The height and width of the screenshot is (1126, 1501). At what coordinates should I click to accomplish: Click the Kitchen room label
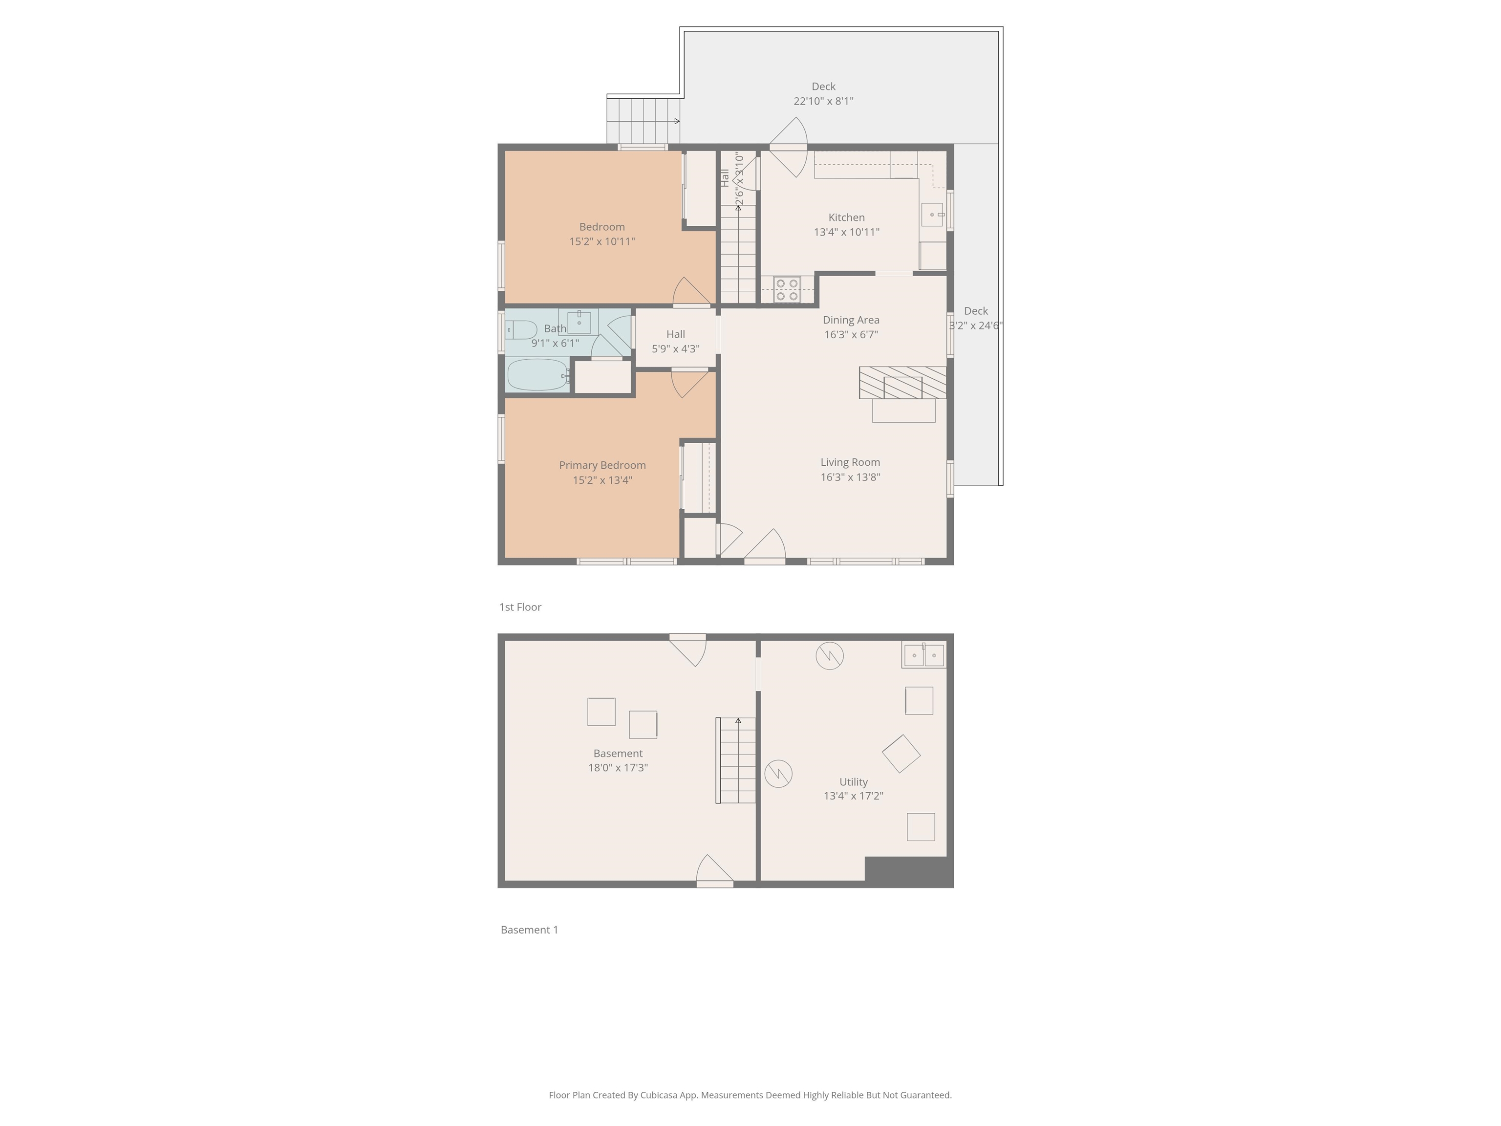tap(846, 217)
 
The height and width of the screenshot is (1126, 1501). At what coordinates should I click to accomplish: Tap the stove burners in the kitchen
tap(787, 290)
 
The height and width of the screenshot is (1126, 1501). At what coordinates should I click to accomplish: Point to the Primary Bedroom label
tap(602, 465)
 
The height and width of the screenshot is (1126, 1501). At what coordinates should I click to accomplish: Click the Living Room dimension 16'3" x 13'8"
tap(850, 477)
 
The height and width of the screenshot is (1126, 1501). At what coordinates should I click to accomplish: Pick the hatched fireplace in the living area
tap(902, 383)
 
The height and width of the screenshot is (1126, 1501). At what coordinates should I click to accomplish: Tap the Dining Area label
tap(851, 320)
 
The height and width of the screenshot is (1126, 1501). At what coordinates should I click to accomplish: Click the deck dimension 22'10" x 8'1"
tap(823, 101)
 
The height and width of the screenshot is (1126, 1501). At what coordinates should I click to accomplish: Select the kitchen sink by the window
tap(932, 215)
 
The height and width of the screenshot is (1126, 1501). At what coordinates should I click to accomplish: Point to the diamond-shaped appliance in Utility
tap(901, 754)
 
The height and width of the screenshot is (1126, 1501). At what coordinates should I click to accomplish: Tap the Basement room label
tap(618, 754)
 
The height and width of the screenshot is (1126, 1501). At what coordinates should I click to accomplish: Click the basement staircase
tap(737, 760)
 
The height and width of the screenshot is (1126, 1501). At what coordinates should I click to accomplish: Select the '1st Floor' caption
tap(520, 607)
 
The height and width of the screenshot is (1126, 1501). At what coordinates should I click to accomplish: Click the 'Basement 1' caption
tap(529, 930)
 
